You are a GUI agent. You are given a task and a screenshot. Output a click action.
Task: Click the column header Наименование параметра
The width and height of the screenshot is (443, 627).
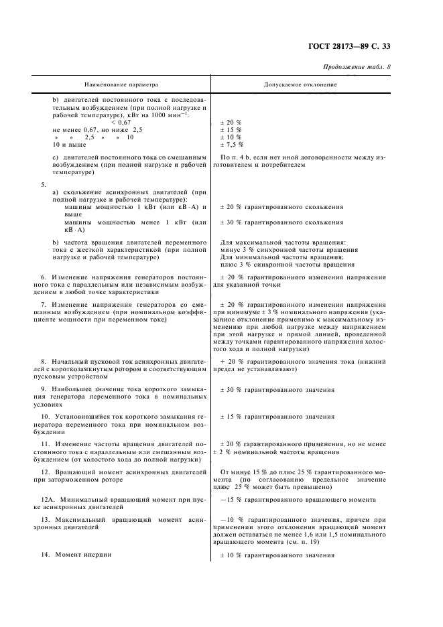[x=121, y=86]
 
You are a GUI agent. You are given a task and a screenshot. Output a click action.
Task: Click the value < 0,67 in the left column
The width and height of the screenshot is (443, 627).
[x=121, y=122]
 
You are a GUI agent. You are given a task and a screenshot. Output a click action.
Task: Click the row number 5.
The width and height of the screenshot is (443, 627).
[x=44, y=184]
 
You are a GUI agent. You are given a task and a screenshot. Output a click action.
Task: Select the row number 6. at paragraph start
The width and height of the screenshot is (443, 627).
[x=44, y=277]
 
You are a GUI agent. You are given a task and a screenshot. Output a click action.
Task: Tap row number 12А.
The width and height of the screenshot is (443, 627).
[x=46, y=500]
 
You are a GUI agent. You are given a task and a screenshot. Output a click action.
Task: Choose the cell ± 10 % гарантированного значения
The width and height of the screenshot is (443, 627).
[x=277, y=555]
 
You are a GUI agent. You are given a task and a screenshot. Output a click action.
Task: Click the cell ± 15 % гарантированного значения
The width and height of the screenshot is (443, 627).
[x=277, y=417]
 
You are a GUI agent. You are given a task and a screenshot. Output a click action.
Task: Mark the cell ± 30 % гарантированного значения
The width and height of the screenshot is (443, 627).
[x=277, y=389]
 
